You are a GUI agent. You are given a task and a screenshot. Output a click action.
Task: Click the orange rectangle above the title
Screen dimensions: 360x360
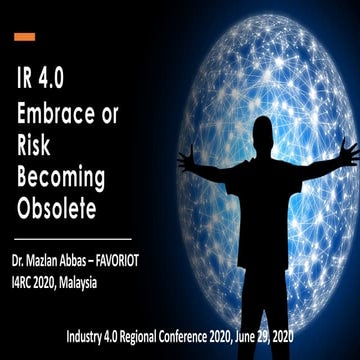pos(25,37)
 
